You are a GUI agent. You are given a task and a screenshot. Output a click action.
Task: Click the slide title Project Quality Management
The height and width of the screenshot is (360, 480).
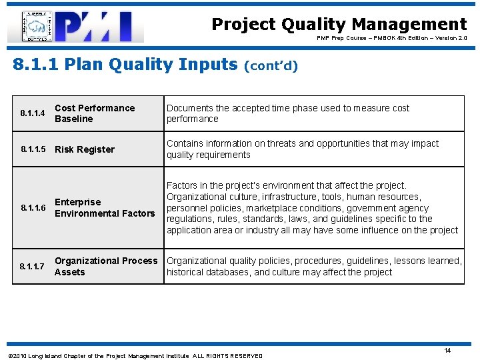pyautogui.click(x=339, y=25)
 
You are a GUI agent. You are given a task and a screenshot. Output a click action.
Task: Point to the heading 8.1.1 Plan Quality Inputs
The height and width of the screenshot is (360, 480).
pyautogui.click(x=125, y=65)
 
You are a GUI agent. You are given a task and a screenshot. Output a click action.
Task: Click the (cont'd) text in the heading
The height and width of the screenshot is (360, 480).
pyautogui.click(x=271, y=66)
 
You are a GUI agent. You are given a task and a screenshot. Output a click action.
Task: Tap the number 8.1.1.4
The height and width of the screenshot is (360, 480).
pyautogui.click(x=32, y=114)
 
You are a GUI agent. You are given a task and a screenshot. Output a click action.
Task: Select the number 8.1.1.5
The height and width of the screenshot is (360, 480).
pyautogui.click(x=32, y=149)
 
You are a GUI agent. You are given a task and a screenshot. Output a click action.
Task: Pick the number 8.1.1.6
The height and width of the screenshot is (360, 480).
pyautogui.click(x=32, y=208)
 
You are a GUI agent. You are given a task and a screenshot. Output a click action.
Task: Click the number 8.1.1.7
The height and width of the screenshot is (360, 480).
pyautogui.click(x=32, y=267)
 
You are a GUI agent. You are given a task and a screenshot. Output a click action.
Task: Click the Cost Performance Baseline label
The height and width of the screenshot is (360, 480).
pyautogui.click(x=95, y=113)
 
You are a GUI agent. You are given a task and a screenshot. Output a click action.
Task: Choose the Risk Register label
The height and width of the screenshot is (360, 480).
pyautogui.click(x=85, y=149)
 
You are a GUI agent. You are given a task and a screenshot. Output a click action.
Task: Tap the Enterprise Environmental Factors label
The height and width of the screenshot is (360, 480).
pyautogui.click(x=104, y=208)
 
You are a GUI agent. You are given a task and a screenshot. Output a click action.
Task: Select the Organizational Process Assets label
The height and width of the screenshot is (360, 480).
pyautogui.click(x=106, y=267)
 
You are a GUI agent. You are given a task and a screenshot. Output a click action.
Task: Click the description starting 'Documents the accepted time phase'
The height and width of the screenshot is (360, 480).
pyautogui.click(x=288, y=113)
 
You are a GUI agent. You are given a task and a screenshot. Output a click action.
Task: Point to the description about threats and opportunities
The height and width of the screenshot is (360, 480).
pyautogui.click(x=303, y=149)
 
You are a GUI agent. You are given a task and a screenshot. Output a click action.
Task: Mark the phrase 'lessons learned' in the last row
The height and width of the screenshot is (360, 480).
pyautogui.click(x=427, y=261)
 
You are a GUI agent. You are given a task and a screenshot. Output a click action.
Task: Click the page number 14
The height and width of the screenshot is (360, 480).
pyautogui.click(x=447, y=351)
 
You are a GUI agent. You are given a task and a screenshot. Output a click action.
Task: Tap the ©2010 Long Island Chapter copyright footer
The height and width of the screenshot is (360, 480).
pyautogui.click(x=134, y=356)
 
